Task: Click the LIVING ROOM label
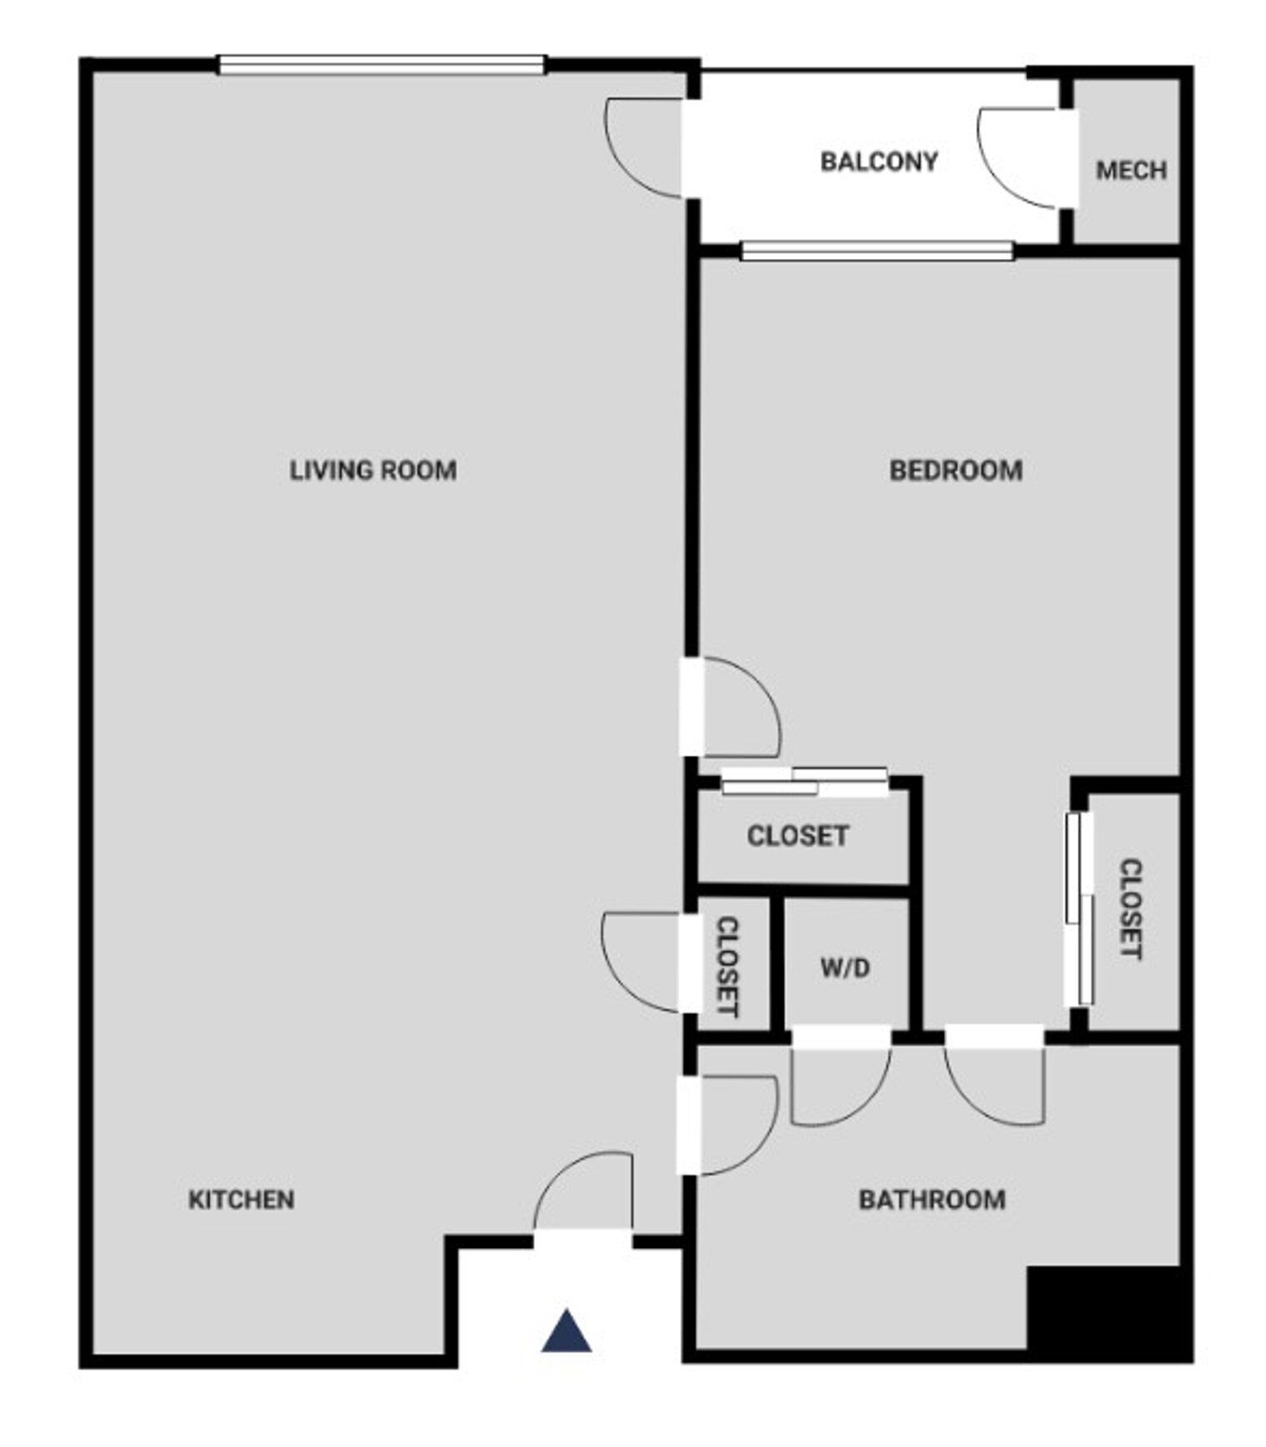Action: [373, 470]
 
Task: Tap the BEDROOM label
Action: [956, 470]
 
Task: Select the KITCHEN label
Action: [242, 1200]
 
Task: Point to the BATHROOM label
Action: [932, 1200]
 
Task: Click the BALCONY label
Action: [880, 161]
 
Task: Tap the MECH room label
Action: [1131, 171]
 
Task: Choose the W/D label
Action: [845, 968]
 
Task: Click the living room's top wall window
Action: [381, 65]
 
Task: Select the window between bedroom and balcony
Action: [877, 251]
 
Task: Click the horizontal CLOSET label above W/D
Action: [798, 836]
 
